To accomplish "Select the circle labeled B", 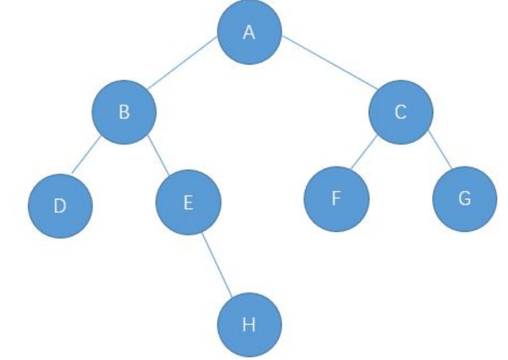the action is [125, 113].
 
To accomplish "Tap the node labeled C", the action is [401, 113].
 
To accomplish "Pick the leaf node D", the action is [60, 205].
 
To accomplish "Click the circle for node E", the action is [188, 202].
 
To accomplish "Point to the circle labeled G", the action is [464, 200].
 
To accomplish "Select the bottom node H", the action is [249, 324].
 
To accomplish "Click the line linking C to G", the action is [440, 150].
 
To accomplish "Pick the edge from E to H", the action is [216, 264].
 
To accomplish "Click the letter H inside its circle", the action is [249, 324].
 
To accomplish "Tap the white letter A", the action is [249, 33].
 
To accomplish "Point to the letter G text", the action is [464, 199].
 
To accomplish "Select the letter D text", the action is [60, 205].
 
